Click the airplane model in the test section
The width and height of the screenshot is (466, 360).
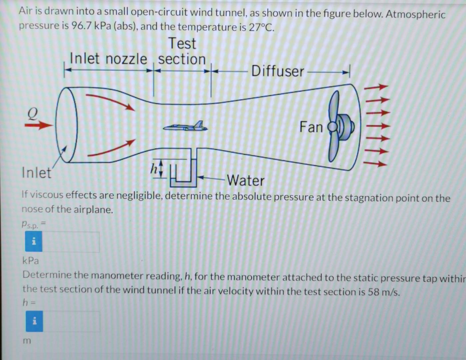pos(185,126)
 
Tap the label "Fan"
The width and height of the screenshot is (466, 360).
pos(311,127)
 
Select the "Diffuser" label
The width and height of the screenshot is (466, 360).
pos(277,71)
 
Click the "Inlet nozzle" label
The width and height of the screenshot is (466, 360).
pos(108,59)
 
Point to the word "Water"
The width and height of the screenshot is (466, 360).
pos(246,181)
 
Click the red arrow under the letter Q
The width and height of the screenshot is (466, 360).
pos(39,126)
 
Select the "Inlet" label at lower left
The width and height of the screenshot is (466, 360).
pos(36,173)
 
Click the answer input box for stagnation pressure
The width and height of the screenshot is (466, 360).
pos(71,242)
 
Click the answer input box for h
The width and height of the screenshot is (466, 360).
pos(71,321)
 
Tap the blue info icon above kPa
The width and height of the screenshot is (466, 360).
pos(34,242)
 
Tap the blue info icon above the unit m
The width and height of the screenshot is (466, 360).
pos(34,321)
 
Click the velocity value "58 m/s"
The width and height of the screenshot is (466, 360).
pos(383,292)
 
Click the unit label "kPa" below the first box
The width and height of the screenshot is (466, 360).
pos(31,260)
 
